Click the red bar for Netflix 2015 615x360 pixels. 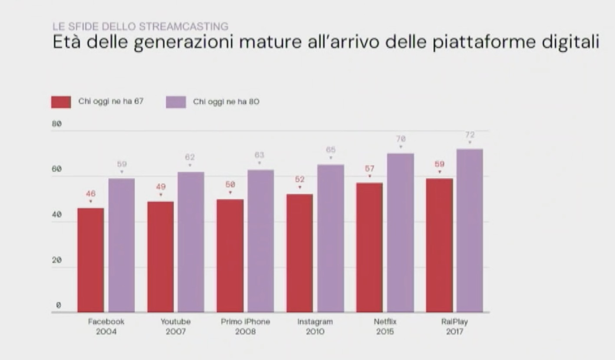coord(369,247)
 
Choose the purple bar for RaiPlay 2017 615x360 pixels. coord(470,230)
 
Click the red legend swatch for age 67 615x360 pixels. coord(61,102)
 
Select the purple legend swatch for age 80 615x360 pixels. coord(176,102)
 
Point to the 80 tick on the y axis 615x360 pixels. coord(57,124)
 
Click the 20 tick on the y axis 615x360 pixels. coord(57,260)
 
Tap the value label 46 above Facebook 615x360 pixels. coord(91,194)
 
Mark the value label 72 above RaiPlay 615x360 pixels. coord(470,135)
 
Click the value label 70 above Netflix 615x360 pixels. coord(400,139)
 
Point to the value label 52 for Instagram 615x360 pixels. coord(299,179)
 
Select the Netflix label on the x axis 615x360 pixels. coord(385,322)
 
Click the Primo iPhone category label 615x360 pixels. coord(245,322)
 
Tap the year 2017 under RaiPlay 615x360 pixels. coord(454,332)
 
